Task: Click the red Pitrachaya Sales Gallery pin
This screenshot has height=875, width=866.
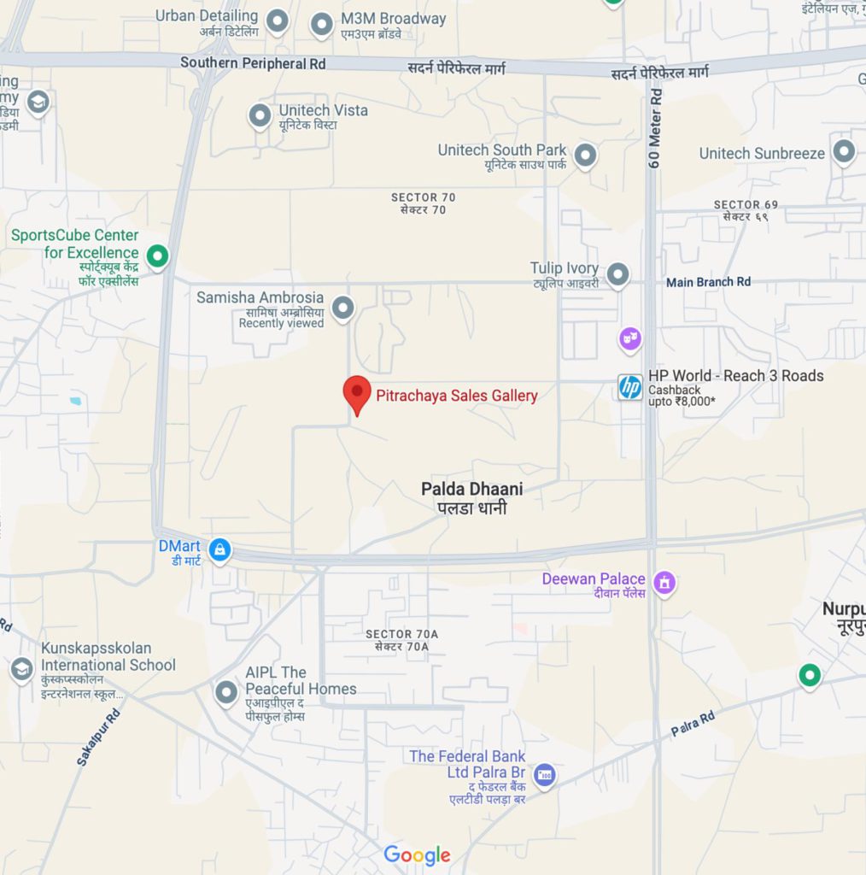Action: point(357,393)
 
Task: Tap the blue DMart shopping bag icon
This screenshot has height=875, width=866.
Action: point(219,550)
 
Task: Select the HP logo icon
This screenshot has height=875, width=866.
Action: point(630,387)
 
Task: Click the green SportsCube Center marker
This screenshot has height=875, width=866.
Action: point(157,255)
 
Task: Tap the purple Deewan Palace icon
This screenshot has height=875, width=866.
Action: point(664,584)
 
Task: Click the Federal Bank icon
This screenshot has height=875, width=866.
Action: point(544,776)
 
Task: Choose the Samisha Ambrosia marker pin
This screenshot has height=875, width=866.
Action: point(342,308)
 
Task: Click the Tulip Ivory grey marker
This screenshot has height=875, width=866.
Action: point(617,275)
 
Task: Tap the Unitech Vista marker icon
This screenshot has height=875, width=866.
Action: point(260,115)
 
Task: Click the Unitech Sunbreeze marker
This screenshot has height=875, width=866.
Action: point(844,153)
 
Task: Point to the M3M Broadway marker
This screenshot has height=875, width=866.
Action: point(321,25)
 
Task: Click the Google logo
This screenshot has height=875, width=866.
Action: point(417,854)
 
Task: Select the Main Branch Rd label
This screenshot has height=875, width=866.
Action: point(708,282)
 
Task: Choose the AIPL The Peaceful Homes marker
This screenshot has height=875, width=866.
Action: point(226,692)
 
